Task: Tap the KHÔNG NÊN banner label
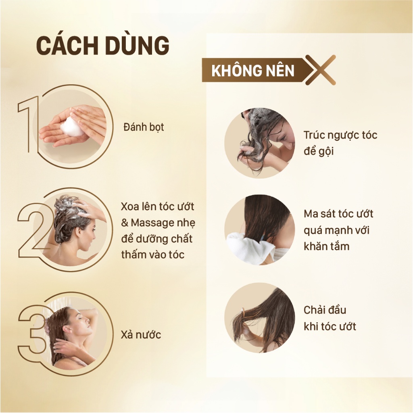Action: tap(253, 70)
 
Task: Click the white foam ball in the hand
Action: tap(71, 127)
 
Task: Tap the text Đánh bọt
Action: tap(144, 127)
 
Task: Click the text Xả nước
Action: tap(141, 334)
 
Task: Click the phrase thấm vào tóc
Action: tap(153, 255)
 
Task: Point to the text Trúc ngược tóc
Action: tap(340, 136)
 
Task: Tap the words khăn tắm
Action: tap(327, 246)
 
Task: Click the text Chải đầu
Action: tap(325, 310)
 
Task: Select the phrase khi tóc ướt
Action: tap(330, 326)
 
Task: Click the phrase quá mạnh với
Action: tap(337, 230)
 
